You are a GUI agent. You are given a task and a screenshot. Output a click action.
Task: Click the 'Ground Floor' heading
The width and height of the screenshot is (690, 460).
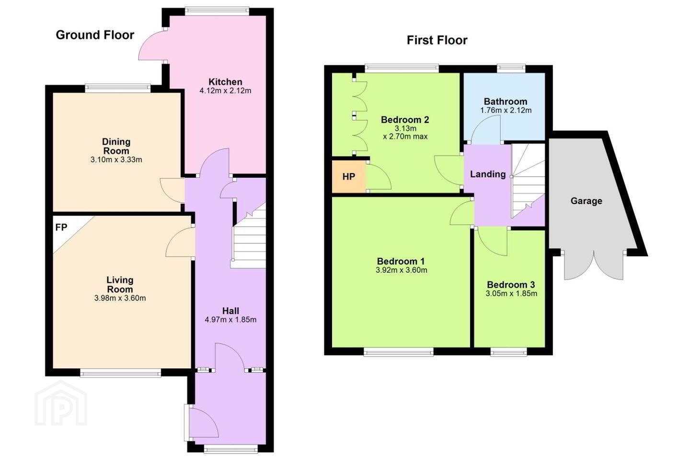coord(95,35)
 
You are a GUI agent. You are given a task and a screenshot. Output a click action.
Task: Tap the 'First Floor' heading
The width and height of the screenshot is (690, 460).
coord(437,40)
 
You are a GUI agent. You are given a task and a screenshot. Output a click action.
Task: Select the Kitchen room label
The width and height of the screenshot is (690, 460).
coord(225,82)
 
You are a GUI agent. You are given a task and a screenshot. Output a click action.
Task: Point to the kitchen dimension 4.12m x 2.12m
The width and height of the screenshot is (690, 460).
coord(225,91)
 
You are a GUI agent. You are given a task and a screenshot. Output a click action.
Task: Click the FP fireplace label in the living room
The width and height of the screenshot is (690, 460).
coord(61,228)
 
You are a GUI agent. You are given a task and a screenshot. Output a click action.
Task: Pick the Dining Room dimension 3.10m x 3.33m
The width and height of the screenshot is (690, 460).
coord(116,160)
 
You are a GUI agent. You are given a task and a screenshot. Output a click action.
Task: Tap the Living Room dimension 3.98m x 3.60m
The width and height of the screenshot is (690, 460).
coord(120,298)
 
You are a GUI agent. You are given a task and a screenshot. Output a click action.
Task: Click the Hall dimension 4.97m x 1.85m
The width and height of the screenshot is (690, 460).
coord(230,320)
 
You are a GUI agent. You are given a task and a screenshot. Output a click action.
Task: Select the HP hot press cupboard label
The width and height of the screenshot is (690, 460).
coord(349,176)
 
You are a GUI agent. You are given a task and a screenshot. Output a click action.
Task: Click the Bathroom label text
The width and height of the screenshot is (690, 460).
coord(505,102)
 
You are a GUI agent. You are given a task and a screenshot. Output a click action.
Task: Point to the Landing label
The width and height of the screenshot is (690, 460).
coord(488,174)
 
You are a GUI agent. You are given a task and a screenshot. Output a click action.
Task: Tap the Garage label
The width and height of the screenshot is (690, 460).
coord(586,201)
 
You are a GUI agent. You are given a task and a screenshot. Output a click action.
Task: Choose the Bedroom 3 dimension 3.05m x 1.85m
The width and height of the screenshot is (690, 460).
coord(511,294)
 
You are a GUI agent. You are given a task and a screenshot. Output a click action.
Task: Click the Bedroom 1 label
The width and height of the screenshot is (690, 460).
coord(401,261)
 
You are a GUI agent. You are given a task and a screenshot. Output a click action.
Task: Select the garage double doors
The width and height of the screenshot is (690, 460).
coord(594,265)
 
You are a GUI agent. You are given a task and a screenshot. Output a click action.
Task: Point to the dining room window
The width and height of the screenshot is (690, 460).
coord(118,89)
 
